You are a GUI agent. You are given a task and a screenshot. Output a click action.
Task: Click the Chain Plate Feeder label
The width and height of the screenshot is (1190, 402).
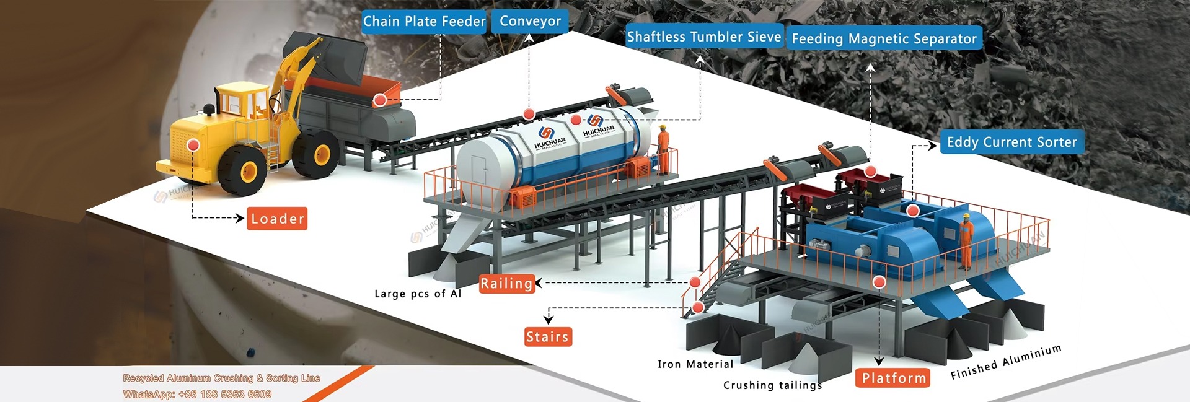(x=424, y=22)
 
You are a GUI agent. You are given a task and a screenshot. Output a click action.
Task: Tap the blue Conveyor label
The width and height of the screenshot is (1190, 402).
(x=530, y=22)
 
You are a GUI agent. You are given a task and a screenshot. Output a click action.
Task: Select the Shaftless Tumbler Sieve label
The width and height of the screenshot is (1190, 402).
(x=703, y=37)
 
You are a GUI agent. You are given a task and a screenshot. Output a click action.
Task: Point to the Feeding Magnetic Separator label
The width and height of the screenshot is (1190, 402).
(x=884, y=39)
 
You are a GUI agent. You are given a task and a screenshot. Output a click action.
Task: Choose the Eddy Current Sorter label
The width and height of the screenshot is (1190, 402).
(x=1011, y=142)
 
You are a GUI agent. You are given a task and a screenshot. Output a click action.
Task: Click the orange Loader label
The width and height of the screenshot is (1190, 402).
(x=277, y=219)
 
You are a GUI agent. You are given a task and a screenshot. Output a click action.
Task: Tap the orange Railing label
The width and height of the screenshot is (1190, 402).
(x=506, y=284)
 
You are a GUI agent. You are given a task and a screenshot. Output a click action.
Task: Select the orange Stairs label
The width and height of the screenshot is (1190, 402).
(x=547, y=337)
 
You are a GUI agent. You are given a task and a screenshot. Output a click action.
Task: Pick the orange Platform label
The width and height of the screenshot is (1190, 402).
(x=893, y=378)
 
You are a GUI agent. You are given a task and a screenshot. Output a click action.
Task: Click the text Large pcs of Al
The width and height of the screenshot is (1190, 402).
(x=418, y=294)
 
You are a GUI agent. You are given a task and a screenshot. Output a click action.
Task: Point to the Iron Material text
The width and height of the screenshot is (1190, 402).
(x=695, y=364)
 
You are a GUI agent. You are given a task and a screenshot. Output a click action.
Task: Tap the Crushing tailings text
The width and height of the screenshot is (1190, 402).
(x=772, y=385)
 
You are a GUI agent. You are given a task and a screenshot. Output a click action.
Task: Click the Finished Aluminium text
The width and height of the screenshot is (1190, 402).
(x=1005, y=362)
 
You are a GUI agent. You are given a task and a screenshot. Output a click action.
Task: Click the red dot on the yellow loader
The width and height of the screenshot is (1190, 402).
(x=193, y=145)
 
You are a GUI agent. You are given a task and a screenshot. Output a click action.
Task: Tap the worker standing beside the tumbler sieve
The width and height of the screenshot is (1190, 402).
(x=663, y=149)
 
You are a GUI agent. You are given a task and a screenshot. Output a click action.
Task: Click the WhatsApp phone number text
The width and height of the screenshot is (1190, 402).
(x=197, y=394)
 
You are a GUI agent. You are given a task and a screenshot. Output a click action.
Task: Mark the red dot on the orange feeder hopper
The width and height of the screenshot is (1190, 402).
(x=380, y=99)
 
